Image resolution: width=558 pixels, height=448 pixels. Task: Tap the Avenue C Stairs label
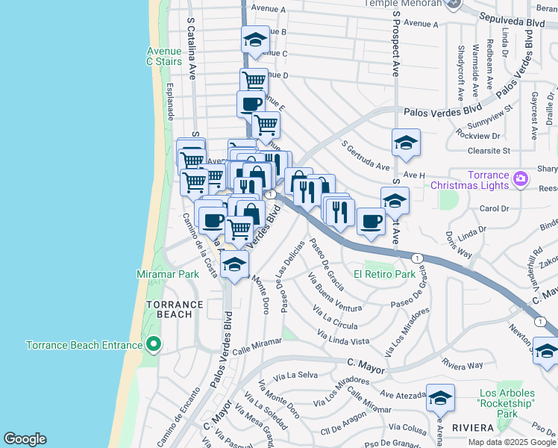click(x=164, y=56)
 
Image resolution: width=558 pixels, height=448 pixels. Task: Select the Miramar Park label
click(x=168, y=274)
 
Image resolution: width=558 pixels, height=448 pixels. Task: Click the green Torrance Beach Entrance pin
click(x=154, y=344)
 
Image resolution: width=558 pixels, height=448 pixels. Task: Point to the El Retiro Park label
click(x=384, y=274)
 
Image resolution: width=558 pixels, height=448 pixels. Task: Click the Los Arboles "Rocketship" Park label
click(x=507, y=403)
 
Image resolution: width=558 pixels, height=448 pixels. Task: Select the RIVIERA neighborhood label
click(x=472, y=427)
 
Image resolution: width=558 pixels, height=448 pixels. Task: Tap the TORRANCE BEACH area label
click(x=175, y=310)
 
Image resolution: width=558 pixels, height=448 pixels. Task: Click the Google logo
click(x=25, y=439)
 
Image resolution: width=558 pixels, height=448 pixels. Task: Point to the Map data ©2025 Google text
click(x=512, y=442)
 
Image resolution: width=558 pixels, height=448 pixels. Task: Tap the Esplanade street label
click(x=170, y=102)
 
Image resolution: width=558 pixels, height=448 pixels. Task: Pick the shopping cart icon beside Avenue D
click(x=254, y=81)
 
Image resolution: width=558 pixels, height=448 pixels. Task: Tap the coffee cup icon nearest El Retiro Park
click(x=371, y=220)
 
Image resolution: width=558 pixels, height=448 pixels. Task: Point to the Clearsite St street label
click(x=485, y=150)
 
